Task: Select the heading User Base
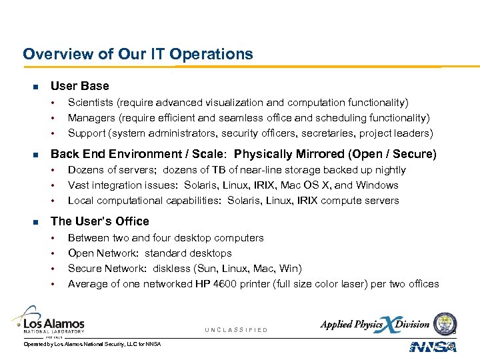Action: point(79,86)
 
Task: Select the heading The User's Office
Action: point(100,221)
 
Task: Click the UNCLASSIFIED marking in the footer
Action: point(236,330)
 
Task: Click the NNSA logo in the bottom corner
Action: point(432,347)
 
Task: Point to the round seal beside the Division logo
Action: point(444,323)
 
